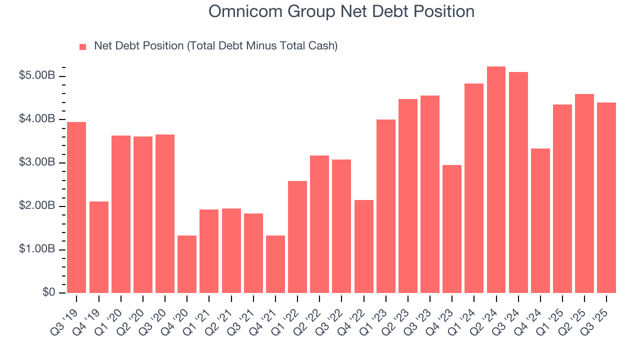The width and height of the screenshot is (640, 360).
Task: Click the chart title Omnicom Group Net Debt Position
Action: click(341, 11)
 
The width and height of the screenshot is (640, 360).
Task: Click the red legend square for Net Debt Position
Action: click(83, 46)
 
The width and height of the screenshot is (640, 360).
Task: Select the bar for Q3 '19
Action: click(76, 207)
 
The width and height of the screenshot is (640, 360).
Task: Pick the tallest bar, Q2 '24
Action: click(496, 180)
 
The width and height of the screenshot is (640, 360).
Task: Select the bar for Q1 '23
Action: click(385, 206)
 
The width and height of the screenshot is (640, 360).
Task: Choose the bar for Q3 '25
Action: click(606, 197)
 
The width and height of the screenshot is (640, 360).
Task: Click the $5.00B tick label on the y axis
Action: click(37, 76)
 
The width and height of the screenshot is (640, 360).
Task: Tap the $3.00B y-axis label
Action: click(37, 163)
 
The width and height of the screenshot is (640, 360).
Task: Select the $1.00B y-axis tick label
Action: click(37, 249)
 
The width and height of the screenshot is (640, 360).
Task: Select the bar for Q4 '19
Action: click(99, 247)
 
